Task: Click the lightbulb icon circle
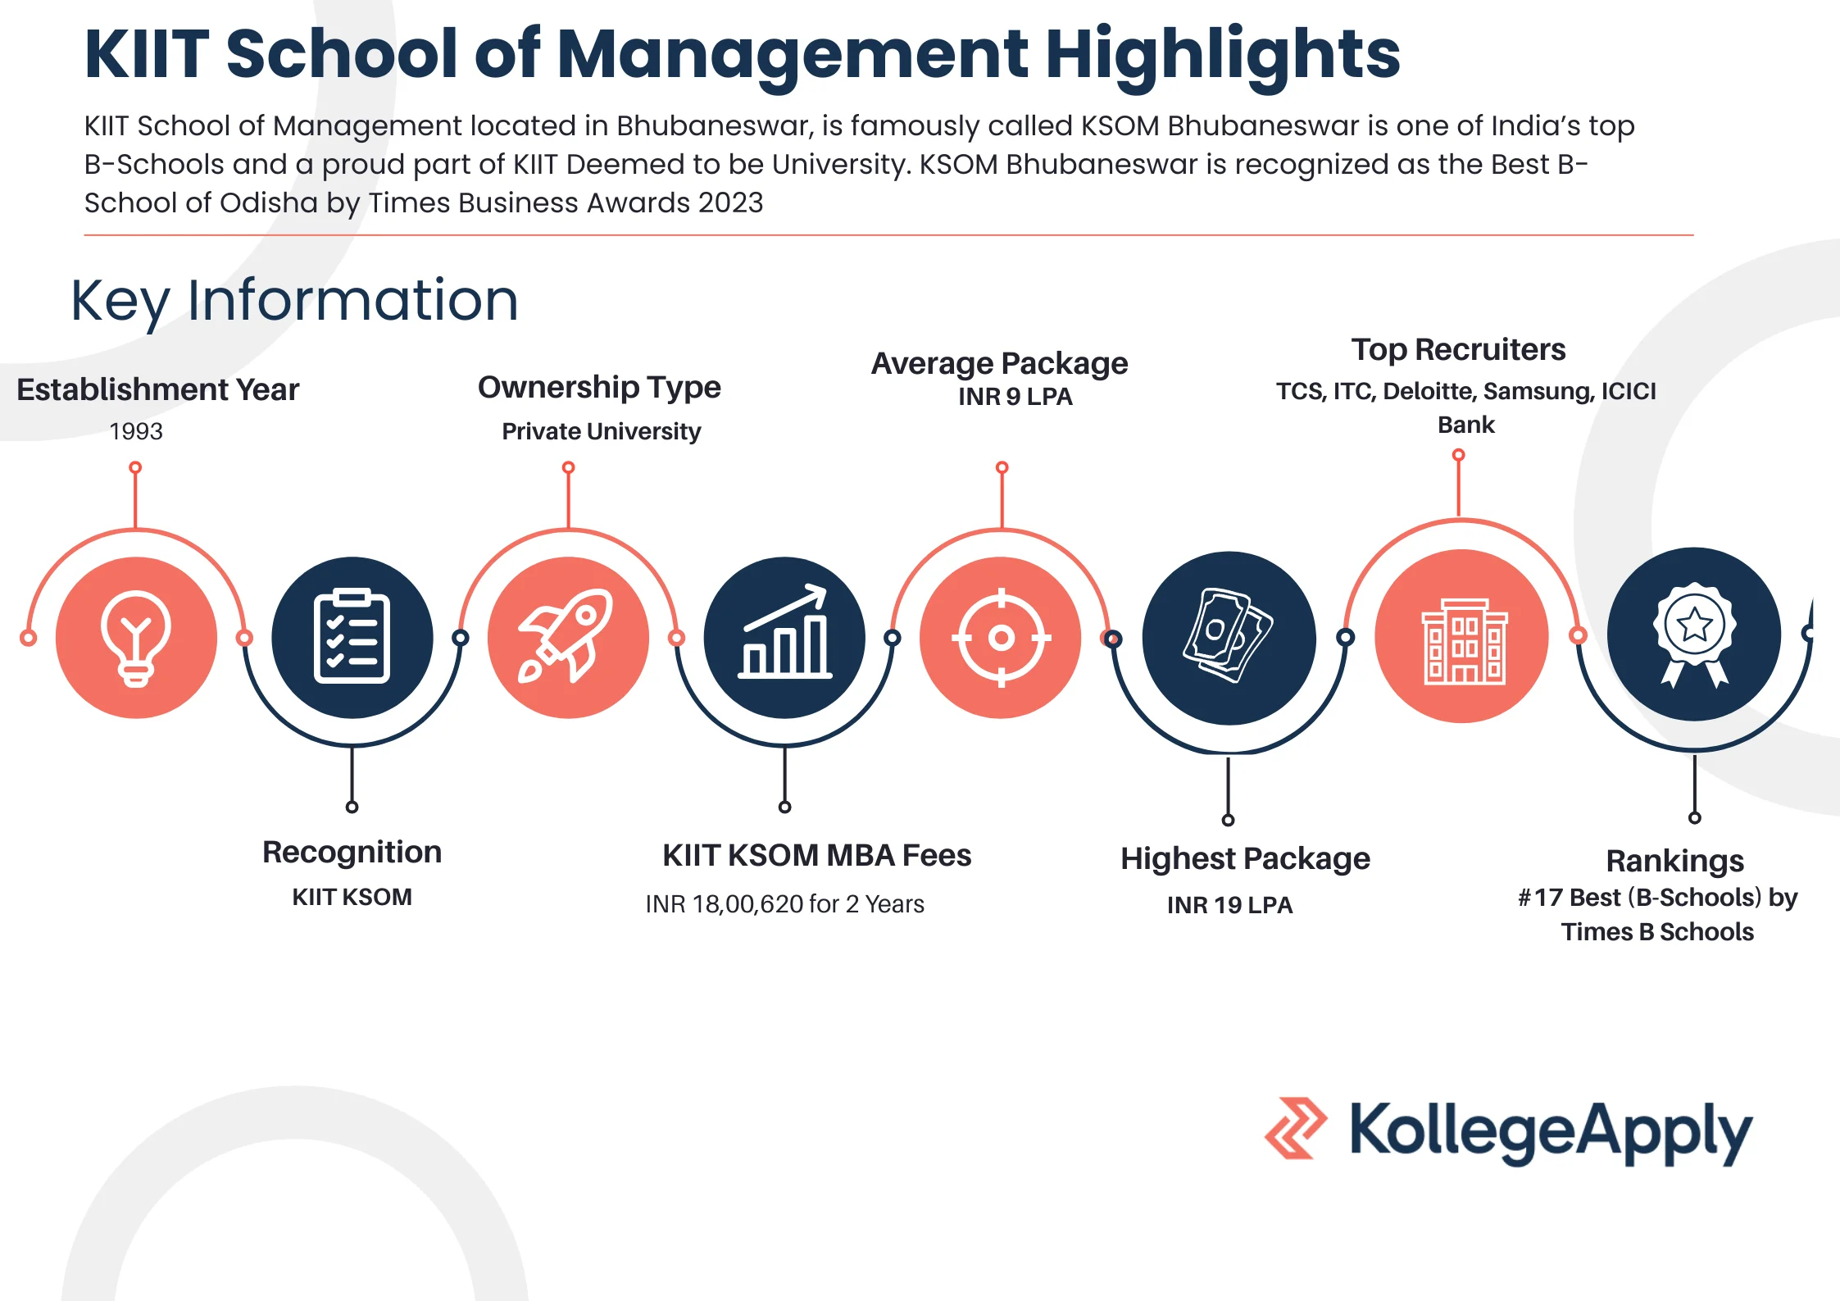tap(136, 638)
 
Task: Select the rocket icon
tap(566, 635)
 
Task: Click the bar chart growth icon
tap(784, 631)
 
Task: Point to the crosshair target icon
tap(1001, 637)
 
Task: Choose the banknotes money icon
tap(1228, 635)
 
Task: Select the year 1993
tap(136, 431)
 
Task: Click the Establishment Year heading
tap(158, 389)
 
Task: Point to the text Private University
tap(602, 431)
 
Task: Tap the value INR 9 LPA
tap(1015, 397)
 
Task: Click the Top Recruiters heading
tap(1458, 350)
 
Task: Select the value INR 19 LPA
tap(1229, 905)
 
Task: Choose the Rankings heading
tap(1674, 862)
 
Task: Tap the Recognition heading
tap(352, 853)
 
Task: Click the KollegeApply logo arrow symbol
tap(1296, 1128)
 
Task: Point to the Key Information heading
tap(294, 301)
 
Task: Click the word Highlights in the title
tap(1223, 56)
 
